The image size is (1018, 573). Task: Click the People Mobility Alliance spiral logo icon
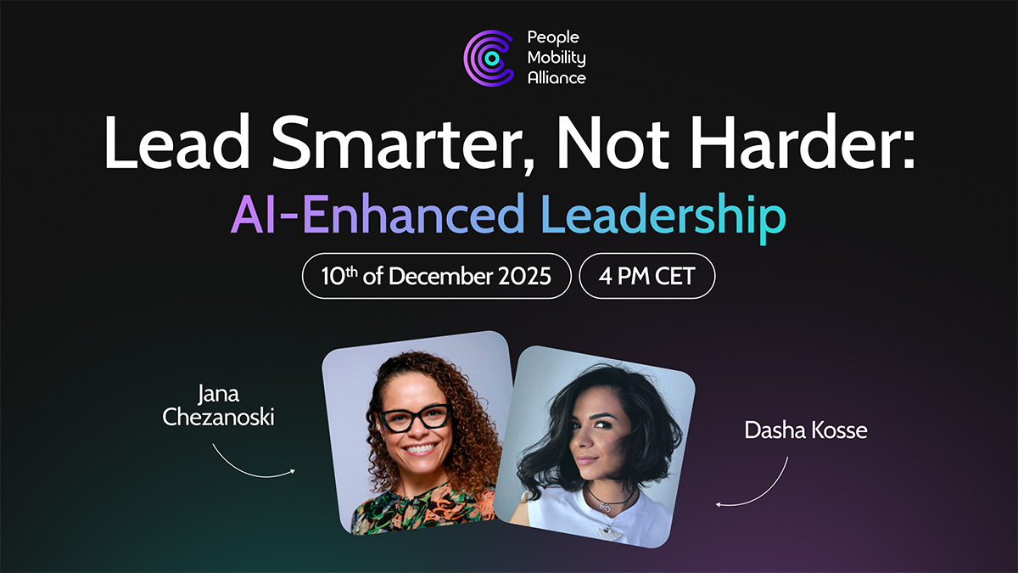[x=489, y=58]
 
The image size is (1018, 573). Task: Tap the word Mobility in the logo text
[x=557, y=58]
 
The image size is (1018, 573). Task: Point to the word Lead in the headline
[x=177, y=142]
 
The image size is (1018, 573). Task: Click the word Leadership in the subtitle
[x=663, y=215]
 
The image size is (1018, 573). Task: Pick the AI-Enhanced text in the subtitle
[x=378, y=214]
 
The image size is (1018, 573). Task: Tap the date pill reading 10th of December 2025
[x=436, y=276]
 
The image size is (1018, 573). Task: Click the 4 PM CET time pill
[x=647, y=276]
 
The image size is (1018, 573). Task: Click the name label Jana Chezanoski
[x=219, y=406]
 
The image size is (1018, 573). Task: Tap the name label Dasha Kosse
[x=806, y=430]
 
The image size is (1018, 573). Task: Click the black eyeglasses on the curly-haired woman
[x=415, y=418]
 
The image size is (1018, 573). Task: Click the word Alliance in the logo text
[x=557, y=78]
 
